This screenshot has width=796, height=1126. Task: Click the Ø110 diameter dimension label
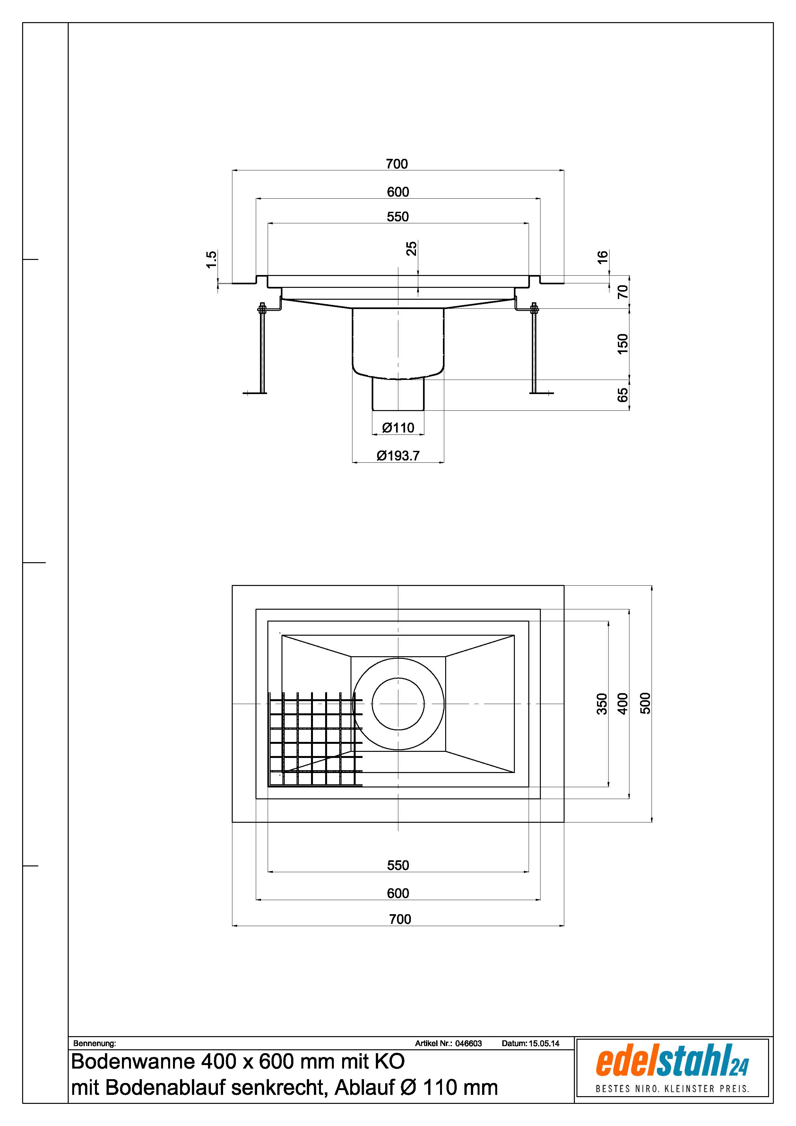(398, 428)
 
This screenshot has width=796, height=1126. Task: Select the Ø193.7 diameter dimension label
(398, 456)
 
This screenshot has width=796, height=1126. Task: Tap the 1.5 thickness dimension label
(211, 259)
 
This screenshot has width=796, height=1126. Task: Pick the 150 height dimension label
(622, 344)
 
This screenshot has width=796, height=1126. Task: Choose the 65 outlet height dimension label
(622, 395)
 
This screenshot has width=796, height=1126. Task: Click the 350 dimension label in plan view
(602, 704)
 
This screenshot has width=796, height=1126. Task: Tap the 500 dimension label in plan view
(645, 703)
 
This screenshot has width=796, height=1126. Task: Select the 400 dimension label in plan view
(622, 704)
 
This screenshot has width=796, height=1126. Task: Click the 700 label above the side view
(397, 164)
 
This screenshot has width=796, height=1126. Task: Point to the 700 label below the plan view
(400, 919)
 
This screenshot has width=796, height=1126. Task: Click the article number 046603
(468, 1043)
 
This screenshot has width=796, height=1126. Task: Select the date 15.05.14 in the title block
(544, 1043)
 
